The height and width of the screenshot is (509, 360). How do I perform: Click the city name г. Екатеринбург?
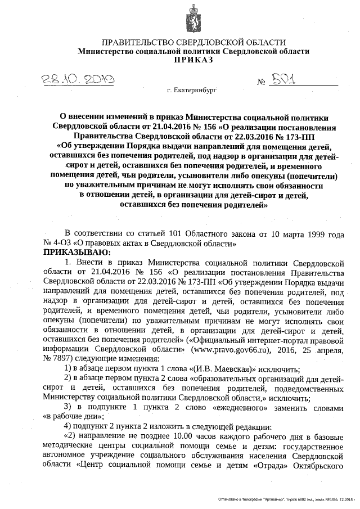pyautogui.click(x=191, y=90)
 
